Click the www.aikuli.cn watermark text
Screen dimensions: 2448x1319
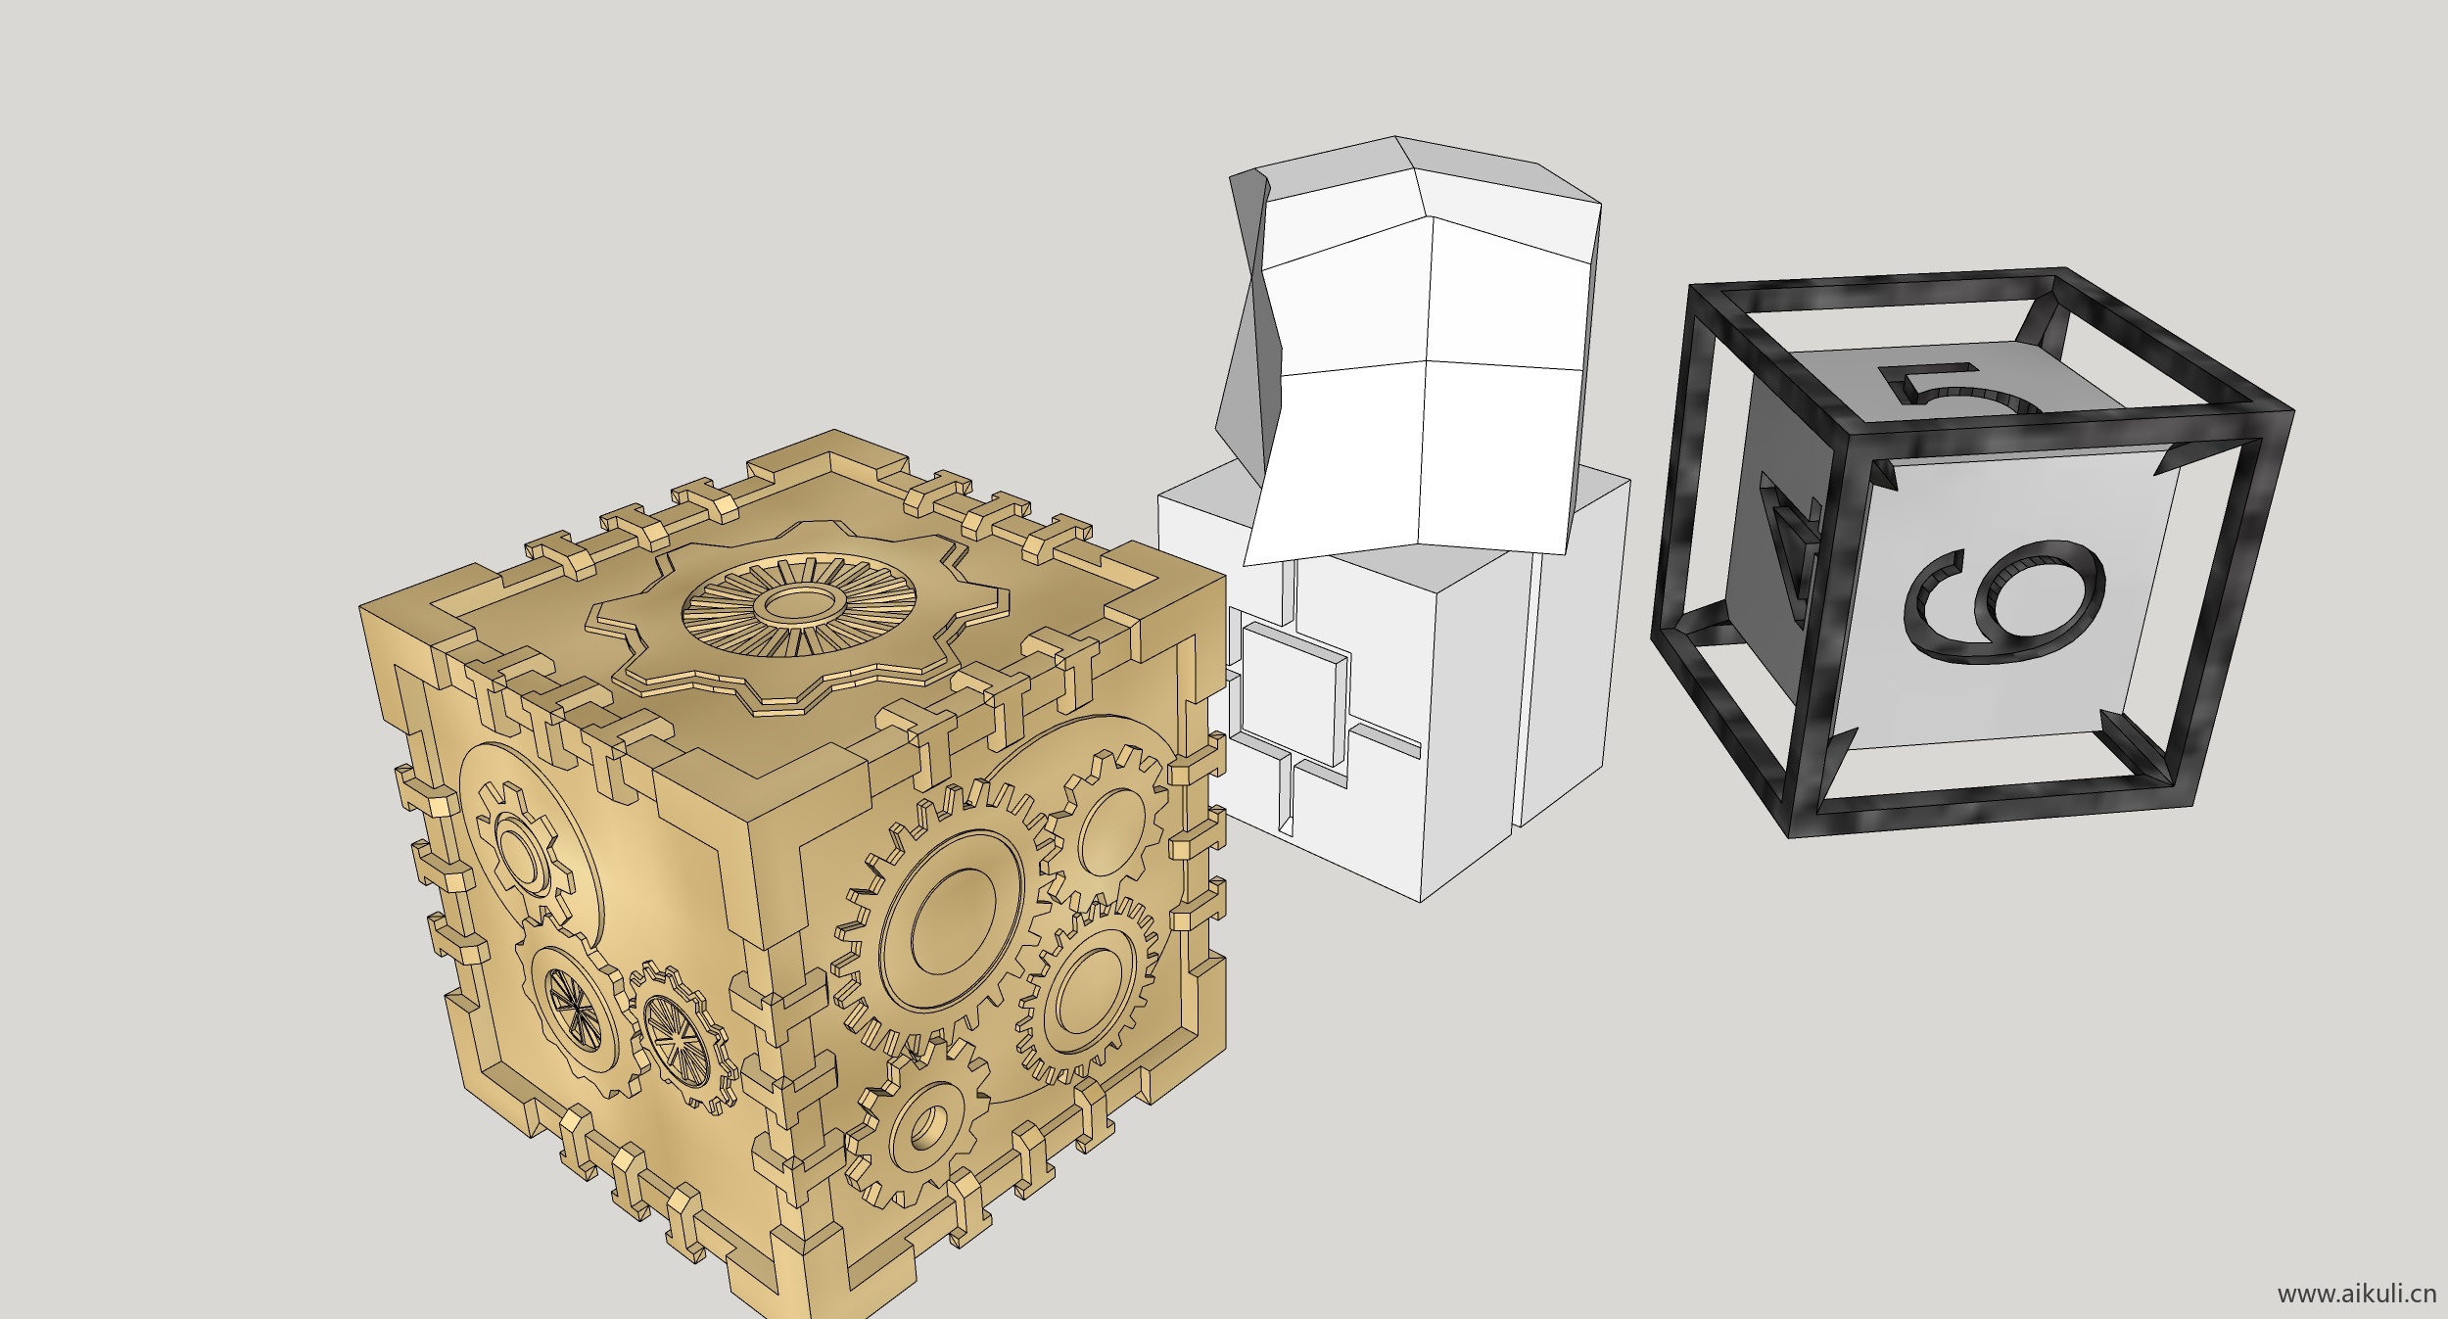coord(2356,1294)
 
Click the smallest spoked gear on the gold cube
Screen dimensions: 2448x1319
coord(683,1038)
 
